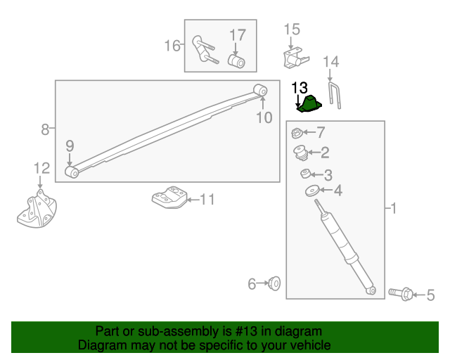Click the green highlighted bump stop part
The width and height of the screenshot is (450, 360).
click(x=309, y=104)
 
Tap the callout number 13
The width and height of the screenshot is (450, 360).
click(x=300, y=88)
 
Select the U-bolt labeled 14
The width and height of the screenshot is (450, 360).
click(x=335, y=96)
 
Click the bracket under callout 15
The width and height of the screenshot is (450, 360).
click(x=295, y=58)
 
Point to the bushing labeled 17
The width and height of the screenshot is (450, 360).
click(x=236, y=61)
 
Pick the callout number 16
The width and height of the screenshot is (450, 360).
click(x=172, y=46)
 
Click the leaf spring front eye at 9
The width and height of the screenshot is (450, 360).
click(x=72, y=172)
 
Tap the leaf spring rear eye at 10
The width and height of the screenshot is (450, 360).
click(x=261, y=90)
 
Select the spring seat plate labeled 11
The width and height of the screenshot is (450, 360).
click(x=169, y=197)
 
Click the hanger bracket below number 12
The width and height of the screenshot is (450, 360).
click(x=37, y=210)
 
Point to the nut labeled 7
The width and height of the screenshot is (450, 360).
click(x=297, y=133)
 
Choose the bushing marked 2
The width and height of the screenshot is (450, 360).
click(x=301, y=153)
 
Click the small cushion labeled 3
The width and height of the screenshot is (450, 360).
click(x=305, y=174)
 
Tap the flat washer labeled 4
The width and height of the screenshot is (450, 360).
click(x=312, y=191)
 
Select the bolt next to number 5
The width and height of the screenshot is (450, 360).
click(x=401, y=294)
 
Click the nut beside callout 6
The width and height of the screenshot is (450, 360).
click(x=274, y=283)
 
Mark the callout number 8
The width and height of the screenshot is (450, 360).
click(x=45, y=129)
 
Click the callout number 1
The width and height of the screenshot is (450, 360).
click(x=394, y=208)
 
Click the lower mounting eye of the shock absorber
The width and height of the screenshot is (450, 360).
click(x=371, y=290)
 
